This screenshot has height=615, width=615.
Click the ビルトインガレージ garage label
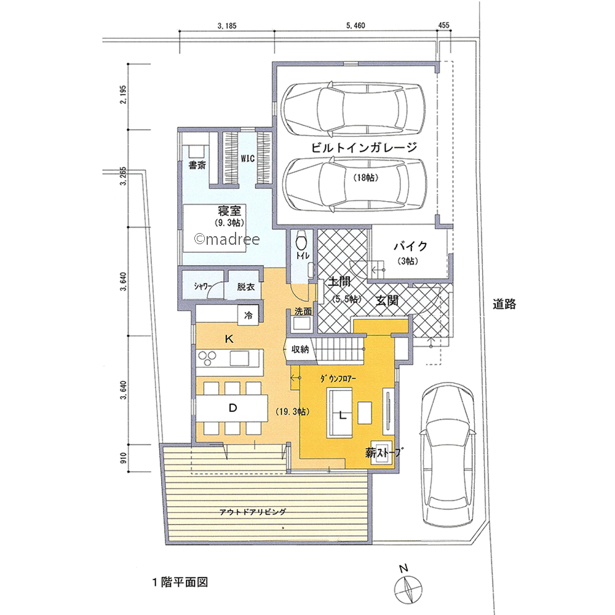[364, 148]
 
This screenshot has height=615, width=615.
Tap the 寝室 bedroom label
[229, 210]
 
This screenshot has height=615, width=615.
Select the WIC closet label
[247, 159]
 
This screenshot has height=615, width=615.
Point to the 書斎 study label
[197, 165]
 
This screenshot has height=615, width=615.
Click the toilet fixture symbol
[301, 240]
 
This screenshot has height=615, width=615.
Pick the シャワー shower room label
[203, 287]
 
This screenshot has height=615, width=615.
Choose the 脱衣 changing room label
[246, 287]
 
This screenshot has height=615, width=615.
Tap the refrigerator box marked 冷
[248, 315]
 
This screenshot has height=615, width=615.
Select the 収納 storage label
[300, 349]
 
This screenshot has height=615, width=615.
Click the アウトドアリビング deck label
[253, 512]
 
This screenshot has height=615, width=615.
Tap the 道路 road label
[504, 304]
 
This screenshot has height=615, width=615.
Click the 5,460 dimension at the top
[355, 25]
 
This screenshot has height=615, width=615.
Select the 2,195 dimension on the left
[124, 94]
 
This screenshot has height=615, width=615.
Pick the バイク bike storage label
[411, 247]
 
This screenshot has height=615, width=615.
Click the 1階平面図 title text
[180, 582]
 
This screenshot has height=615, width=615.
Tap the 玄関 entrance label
[387, 301]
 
